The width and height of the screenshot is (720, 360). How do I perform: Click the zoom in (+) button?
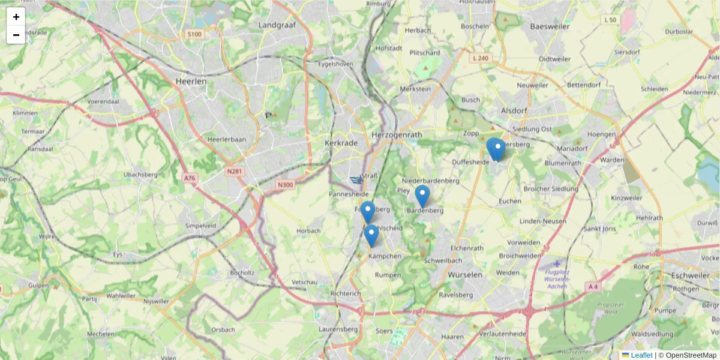(x=16, y=17)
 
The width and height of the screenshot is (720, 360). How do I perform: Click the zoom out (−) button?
(x=16, y=35)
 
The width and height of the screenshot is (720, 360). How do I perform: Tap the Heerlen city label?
(x=191, y=81)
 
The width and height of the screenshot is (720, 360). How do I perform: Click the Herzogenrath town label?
(x=397, y=135)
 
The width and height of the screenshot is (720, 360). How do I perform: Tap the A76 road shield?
(x=190, y=178)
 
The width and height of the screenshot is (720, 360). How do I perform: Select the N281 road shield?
(x=234, y=171)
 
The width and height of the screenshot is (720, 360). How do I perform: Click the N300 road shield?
(x=286, y=184)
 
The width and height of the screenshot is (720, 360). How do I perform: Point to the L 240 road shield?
(x=481, y=58)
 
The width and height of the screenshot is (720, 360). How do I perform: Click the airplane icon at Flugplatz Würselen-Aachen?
(x=557, y=263)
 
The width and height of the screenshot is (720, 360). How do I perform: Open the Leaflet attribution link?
(x=641, y=355)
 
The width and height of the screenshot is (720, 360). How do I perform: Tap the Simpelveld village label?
(x=200, y=226)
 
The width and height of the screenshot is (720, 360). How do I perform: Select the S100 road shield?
(x=194, y=34)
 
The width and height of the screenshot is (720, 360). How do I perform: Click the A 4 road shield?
(x=593, y=287)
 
